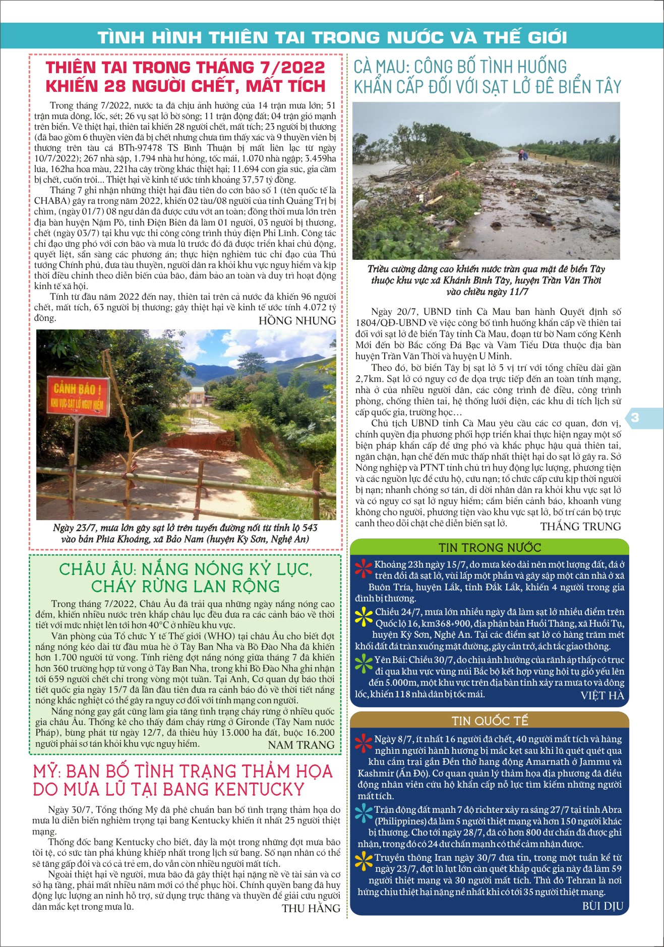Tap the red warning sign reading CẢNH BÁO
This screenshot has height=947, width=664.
point(78,396)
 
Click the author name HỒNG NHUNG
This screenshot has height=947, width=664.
point(297,321)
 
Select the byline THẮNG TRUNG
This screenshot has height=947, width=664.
point(580,527)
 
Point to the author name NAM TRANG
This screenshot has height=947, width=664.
point(301,745)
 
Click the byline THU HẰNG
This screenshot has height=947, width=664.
point(311,909)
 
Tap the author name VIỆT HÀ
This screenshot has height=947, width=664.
point(602,696)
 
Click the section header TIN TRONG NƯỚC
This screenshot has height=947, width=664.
point(490,547)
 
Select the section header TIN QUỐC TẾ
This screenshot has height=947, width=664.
point(490,721)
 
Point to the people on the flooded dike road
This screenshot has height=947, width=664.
point(523,154)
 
